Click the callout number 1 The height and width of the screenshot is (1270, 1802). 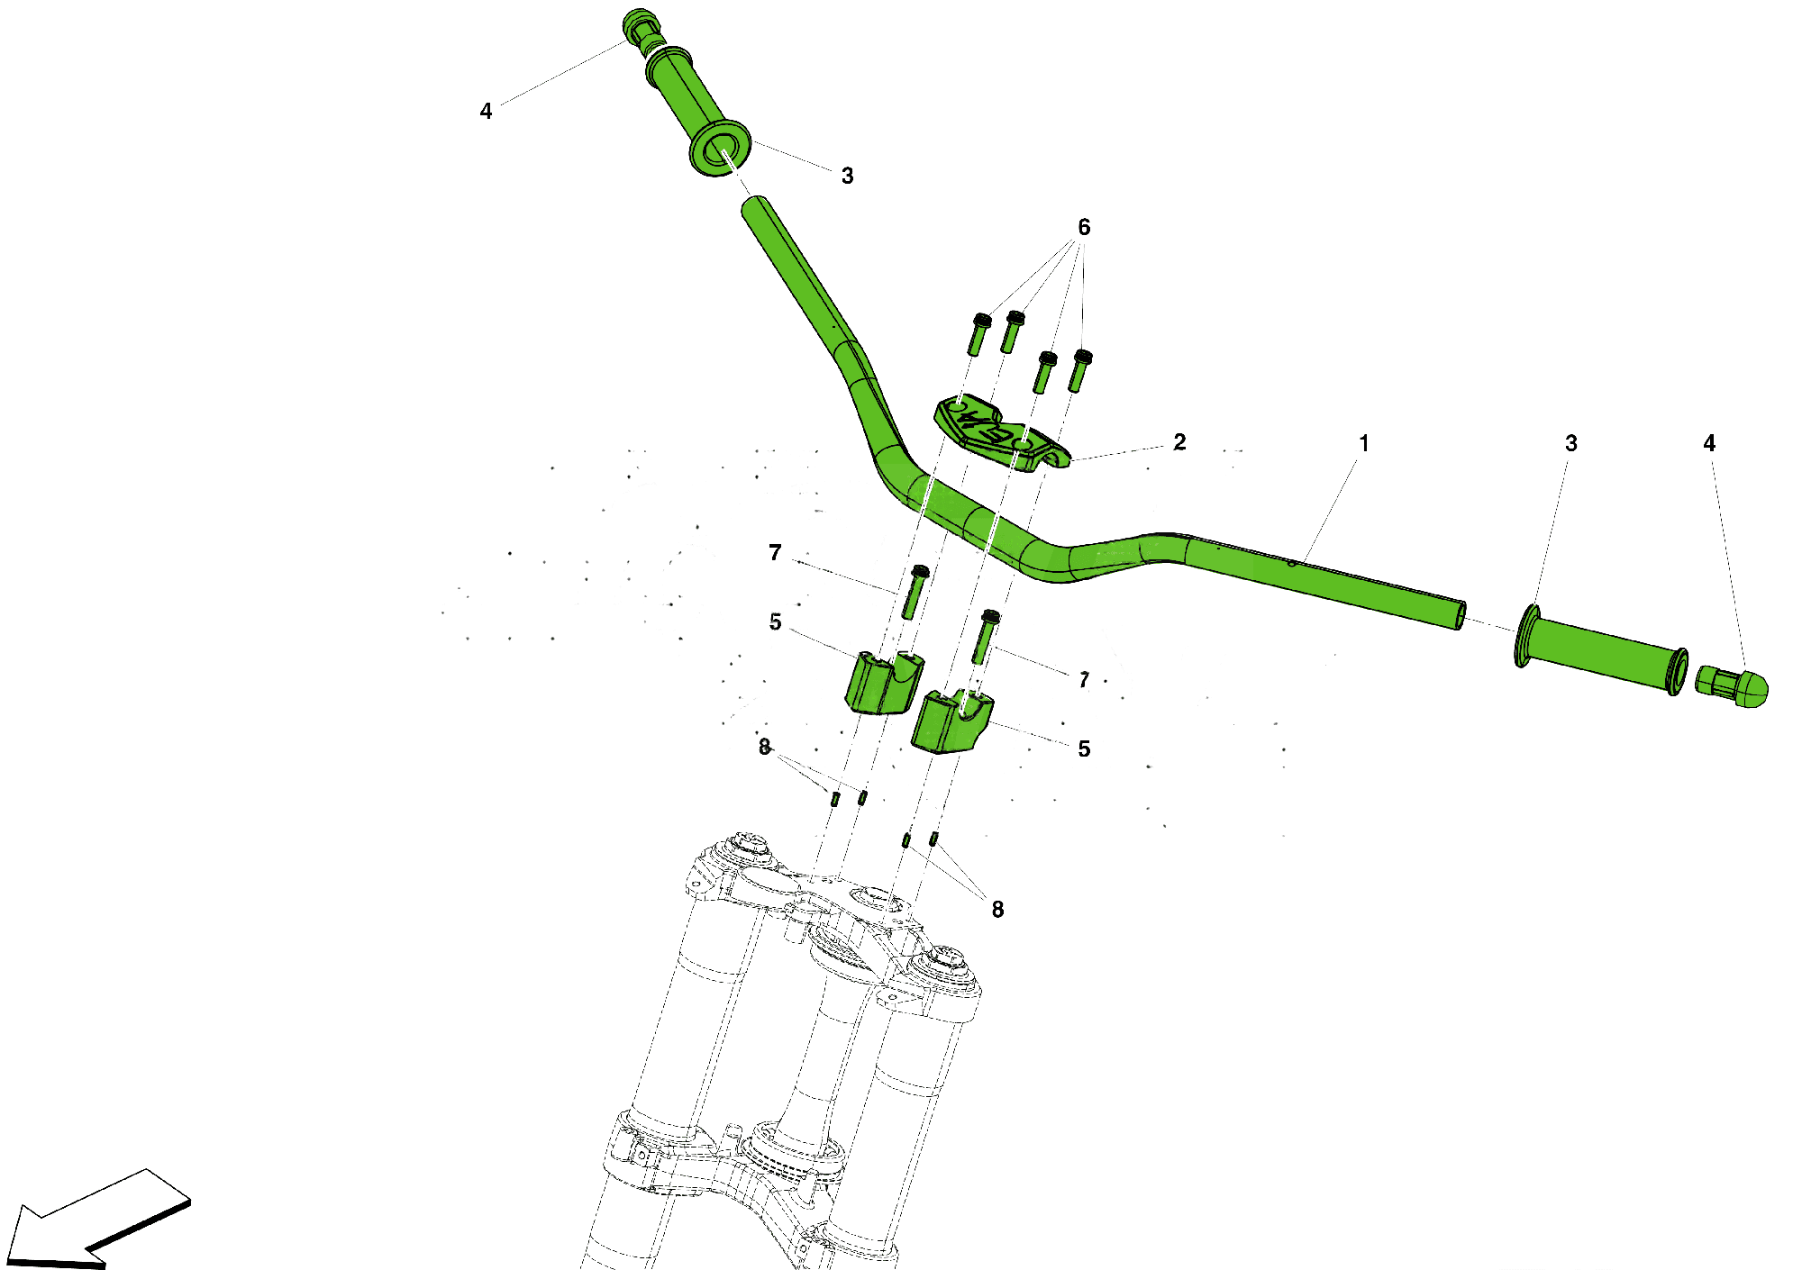pos(1364,443)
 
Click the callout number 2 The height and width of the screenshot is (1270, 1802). pos(1179,442)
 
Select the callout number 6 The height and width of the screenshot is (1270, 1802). pos(1084,227)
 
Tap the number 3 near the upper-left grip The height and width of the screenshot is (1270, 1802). pos(847,176)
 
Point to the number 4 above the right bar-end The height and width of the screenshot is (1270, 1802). pos(1709,443)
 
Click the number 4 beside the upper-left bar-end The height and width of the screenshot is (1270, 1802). pos(486,111)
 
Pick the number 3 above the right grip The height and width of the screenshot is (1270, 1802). pos(1571,443)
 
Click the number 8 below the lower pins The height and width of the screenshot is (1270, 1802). pos(997,910)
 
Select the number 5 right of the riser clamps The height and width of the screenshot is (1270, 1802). pos(1084,748)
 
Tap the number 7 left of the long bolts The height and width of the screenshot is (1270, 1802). pos(775,552)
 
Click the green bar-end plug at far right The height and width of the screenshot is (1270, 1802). pos(1732,686)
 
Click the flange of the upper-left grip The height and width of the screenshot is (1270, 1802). pos(720,149)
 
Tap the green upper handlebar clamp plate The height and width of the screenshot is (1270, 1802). pos(1000,433)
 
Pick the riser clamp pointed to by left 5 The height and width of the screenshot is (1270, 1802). pos(884,682)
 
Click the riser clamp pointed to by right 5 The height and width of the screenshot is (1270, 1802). pos(951,721)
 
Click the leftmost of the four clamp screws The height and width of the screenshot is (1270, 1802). pos(980,333)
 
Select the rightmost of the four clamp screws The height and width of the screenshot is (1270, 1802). pos(1080,370)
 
